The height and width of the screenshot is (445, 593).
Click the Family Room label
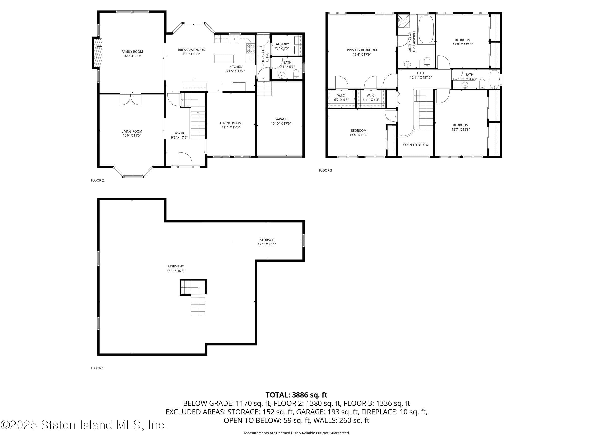coord(132,52)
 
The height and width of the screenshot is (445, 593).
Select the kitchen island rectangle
coord(224,59)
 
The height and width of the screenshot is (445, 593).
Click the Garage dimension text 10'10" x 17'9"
coord(281,124)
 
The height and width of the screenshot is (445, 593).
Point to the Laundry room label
coord(281,44)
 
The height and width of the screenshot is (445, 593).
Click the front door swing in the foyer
coord(185,159)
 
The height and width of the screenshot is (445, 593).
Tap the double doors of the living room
coord(130,99)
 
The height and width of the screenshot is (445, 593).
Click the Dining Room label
coord(231,123)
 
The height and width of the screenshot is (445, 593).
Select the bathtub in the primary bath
coord(426,29)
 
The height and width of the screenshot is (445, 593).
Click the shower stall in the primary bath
coord(403,21)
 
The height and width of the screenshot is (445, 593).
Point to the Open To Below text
coord(416,145)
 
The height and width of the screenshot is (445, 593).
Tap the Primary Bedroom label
coord(362,50)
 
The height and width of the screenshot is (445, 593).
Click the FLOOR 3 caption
coord(325,170)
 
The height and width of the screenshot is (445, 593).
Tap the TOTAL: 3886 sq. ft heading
coord(296,395)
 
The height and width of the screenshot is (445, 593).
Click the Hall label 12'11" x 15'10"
coord(421,73)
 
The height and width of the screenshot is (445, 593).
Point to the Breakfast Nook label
coord(191,50)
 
